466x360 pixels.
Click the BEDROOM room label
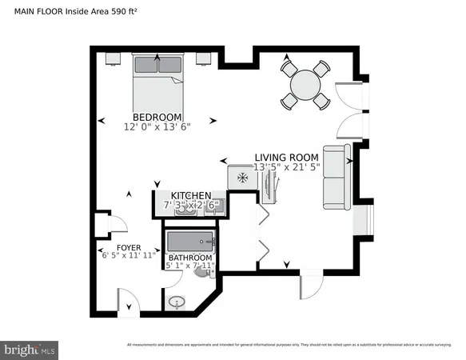[x=157, y=117]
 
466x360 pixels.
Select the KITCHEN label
[x=190, y=195]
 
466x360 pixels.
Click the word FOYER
[x=129, y=247]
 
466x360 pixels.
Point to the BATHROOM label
[x=189, y=257]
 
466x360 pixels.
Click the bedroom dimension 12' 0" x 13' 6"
[x=157, y=126]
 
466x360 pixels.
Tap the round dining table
[x=305, y=83]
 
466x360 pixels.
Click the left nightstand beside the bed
[x=114, y=58]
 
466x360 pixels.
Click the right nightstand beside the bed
[x=202, y=58]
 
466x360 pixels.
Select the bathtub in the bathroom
[x=190, y=242]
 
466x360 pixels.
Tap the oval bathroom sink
[x=177, y=302]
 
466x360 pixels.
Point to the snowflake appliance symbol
[x=239, y=178]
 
